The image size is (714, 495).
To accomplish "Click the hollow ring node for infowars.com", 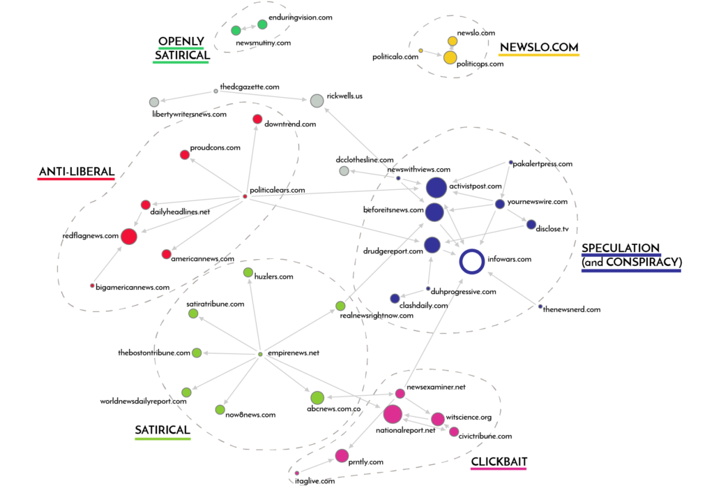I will pyautogui.click(x=472, y=262).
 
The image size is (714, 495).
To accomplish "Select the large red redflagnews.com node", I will pyautogui.click(x=129, y=237).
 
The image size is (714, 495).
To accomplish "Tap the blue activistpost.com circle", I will pyautogui.click(x=436, y=188).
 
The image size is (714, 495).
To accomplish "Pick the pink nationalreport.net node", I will pyautogui.click(x=393, y=414).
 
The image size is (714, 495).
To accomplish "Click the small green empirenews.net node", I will pyautogui.click(x=261, y=354).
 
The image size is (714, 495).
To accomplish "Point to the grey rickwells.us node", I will pyautogui.click(x=317, y=101).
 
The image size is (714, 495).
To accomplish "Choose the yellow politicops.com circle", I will pyautogui.click(x=450, y=57).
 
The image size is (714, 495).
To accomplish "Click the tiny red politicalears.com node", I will pyautogui.click(x=245, y=196).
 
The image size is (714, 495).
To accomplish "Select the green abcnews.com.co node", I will pyautogui.click(x=317, y=398).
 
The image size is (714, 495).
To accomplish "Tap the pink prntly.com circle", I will pyautogui.click(x=342, y=456).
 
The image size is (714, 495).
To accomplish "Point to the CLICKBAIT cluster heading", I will pyautogui.click(x=499, y=461).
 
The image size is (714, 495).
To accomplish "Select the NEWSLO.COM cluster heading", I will pyautogui.click(x=539, y=47).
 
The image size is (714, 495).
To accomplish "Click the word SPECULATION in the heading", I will pyautogui.click(x=621, y=249).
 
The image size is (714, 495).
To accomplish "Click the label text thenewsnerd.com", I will pyautogui.click(x=572, y=309).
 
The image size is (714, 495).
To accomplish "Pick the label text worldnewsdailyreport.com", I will pyautogui.click(x=144, y=401).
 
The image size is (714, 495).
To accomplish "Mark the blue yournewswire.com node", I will pyautogui.click(x=500, y=204).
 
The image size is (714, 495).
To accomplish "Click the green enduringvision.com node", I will pyautogui.click(x=263, y=25).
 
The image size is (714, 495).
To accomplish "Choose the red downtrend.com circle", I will pyautogui.click(x=257, y=119).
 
